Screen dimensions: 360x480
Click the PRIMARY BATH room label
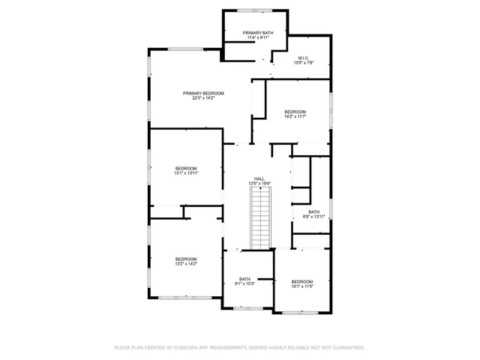pos(256,34)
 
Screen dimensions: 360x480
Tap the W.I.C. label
pos(303,58)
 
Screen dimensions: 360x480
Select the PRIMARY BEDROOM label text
pos(203,93)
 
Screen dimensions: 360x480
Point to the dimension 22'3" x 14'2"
pos(203,98)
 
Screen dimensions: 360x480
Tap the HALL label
pos(259,178)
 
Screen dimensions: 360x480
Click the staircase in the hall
pos(259,217)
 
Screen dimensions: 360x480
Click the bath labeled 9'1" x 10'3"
pos(244,281)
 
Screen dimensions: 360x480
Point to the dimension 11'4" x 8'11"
pos(256,38)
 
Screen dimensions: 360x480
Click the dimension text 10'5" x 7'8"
pos(303,63)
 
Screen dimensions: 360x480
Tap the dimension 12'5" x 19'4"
pos(259,184)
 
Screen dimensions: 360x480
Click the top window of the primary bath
pos(255,10)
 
